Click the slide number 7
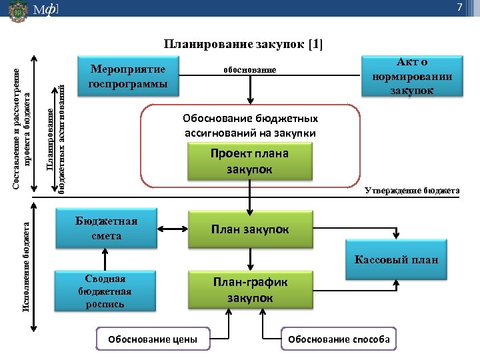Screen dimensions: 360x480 [x=459, y=7]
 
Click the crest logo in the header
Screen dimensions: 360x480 [x=18, y=12]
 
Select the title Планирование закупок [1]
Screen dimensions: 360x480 [x=243, y=45]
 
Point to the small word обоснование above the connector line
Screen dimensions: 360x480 [x=249, y=70]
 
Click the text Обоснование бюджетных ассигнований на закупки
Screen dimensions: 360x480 [x=250, y=125]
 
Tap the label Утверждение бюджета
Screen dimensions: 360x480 [x=412, y=191]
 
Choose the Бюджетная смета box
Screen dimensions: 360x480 [x=107, y=229]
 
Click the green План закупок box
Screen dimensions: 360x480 [x=250, y=229]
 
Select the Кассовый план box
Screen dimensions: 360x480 [x=397, y=259]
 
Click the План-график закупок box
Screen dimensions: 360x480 [x=250, y=290]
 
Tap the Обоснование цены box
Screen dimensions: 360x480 [x=153, y=339]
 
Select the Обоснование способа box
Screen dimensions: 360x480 [x=339, y=339]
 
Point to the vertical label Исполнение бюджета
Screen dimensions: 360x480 [x=26, y=269]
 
